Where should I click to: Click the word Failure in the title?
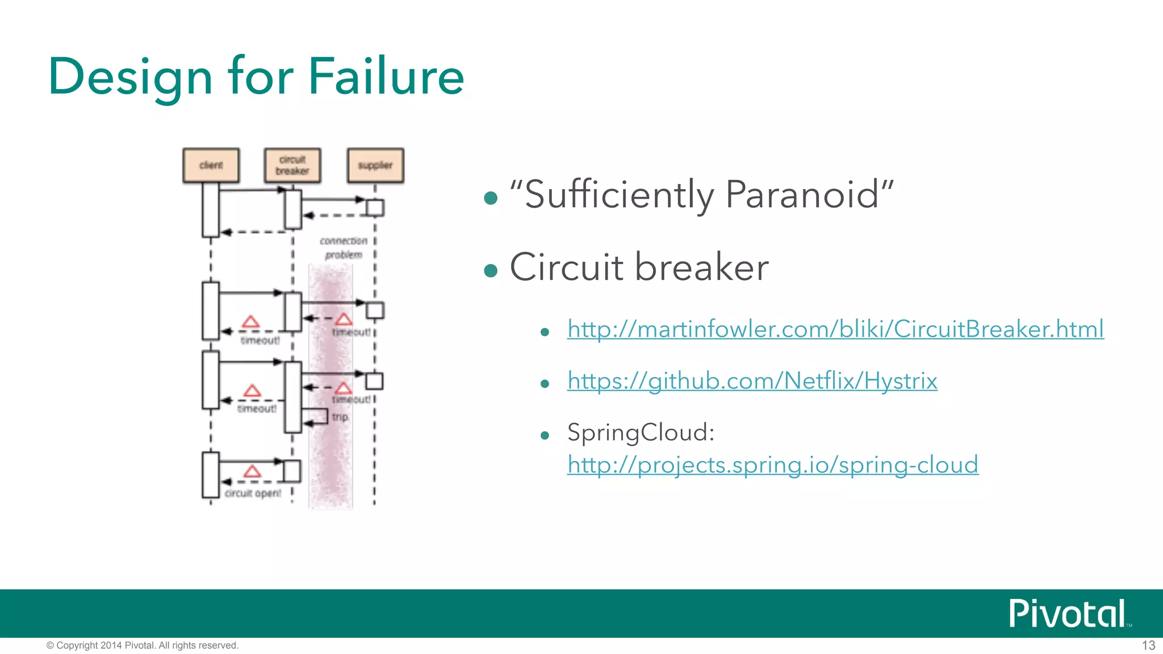pyautogui.click(x=386, y=77)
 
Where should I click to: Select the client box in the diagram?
pyautogui.click(x=211, y=165)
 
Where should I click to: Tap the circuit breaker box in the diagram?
pyautogui.click(x=292, y=165)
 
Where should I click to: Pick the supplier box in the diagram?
pyautogui.click(x=375, y=165)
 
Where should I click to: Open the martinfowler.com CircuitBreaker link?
pyautogui.click(x=835, y=329)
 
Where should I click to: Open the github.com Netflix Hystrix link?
pyautogui.click(x=752, y=381)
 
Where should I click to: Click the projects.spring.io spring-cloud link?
pyautogui.click(x=772, y=465)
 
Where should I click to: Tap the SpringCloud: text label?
pyautogui.click(x=641, y=433)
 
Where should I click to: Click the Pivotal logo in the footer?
pyautogui.click(x=1067, y=614)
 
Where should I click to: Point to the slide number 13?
pyautogui.click(x=1148, y=645)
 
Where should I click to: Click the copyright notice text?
pyautogui.click(x=143, y=645)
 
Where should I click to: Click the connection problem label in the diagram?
pyautogui.click(x=344, y=248)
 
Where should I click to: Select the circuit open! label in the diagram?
pyautogui.click(x=253, y=493)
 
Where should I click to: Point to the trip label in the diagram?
pyautogui.click(x=340, y=417)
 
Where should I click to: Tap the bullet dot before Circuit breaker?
pyautogui.click(x=491, y=271)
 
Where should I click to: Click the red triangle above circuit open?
pyautogui.click(x=252, y=472)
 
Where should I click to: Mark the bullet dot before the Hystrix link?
pyautogui.click(x=545, y=384)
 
